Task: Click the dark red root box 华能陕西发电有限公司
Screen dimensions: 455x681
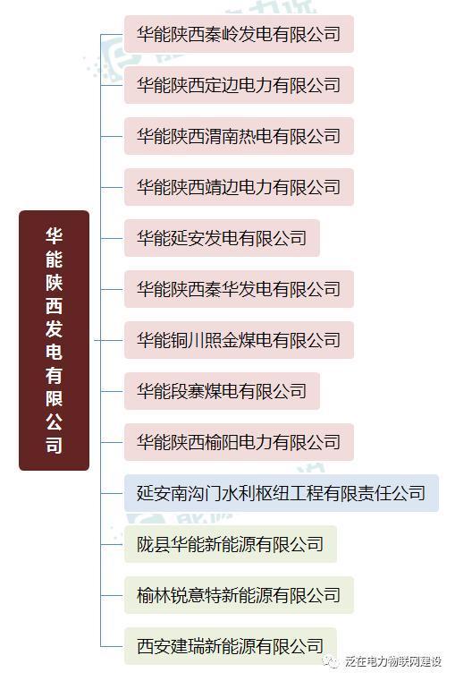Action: [x=55, y=340]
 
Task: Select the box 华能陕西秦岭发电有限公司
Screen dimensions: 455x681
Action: [x=239, y=34]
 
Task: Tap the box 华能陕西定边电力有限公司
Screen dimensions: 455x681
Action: [x=239, y=85]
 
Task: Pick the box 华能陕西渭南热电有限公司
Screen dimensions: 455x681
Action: [x=239, y=136]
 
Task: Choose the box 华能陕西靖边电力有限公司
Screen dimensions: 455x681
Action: [x=239, y=187]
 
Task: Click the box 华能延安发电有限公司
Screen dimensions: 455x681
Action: [x=222, y=238]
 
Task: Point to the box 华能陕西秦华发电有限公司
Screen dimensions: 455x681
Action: [x=239, y=289]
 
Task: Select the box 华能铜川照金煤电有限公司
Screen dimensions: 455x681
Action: [x=239, y=340]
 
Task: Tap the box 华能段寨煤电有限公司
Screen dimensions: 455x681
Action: [x=222, y=391]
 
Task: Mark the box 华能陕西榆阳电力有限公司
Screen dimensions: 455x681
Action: [x=239, y=442]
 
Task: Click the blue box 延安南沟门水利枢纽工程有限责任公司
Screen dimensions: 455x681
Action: [x=282, y=493]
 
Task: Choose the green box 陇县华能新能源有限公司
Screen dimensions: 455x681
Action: [x=231, y=544]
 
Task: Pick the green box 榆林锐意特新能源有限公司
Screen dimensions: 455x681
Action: [x=239, y=595]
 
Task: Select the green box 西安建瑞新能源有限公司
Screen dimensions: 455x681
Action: [x=231, y=646]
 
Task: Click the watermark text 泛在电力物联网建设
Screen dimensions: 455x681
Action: [x=393, y=661]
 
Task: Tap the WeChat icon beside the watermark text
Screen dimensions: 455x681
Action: [x=332, y=661]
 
